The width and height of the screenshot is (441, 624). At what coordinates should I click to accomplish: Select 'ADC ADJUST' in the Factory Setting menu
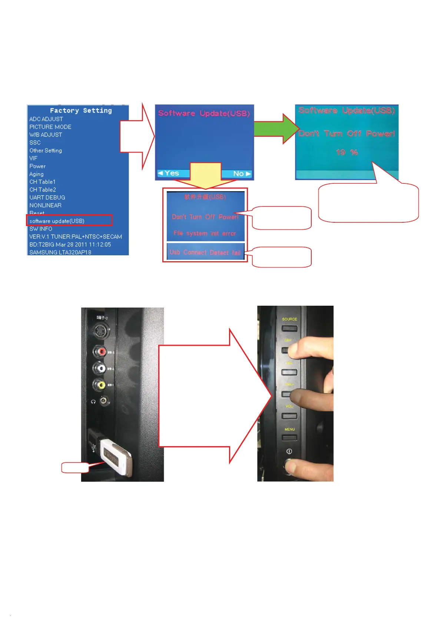pos(46,119)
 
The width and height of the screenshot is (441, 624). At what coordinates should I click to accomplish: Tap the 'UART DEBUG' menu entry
pos(47,198)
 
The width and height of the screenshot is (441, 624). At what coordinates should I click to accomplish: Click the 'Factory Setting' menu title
pos(81,110)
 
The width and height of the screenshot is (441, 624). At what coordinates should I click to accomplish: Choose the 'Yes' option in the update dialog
pos(169,173)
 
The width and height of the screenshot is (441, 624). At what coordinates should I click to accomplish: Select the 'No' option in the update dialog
pos(241,173)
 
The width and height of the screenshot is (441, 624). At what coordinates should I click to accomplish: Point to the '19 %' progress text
pos(347,152)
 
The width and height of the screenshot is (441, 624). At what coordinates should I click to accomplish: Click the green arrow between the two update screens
pos(276,129)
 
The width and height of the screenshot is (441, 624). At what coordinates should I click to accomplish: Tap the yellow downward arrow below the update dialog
pos(206,176)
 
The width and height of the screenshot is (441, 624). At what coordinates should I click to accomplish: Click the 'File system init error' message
pos(205,233)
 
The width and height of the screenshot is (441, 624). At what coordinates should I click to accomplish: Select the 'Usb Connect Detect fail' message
pos(205,252)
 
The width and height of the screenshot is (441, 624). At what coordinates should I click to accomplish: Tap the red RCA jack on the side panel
pos(100,351)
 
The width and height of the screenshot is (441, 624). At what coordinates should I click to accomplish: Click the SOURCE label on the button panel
pos(289,319)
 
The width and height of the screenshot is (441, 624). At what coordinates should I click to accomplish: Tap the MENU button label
pos(289,429)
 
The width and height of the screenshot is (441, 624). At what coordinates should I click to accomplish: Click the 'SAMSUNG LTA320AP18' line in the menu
pos(60,252)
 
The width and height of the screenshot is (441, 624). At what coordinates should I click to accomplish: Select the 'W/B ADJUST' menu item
pos(46,135)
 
